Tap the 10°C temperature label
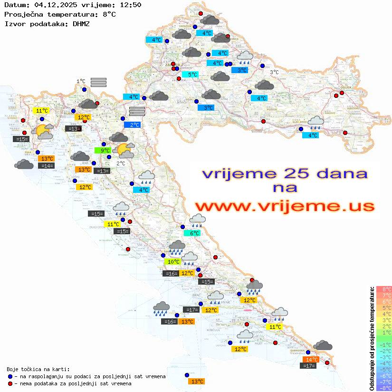point(173,262)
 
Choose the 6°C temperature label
point(194,233)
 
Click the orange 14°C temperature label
point(311,360)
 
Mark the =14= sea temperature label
point(47,165)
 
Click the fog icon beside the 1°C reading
point(98,82)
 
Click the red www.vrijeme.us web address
point(284,206)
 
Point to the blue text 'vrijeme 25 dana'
point(284,174)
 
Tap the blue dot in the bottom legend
point(10,376)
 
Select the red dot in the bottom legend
point(10,383)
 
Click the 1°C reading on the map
point(81,81)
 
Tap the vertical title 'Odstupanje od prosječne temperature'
point(372,338)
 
